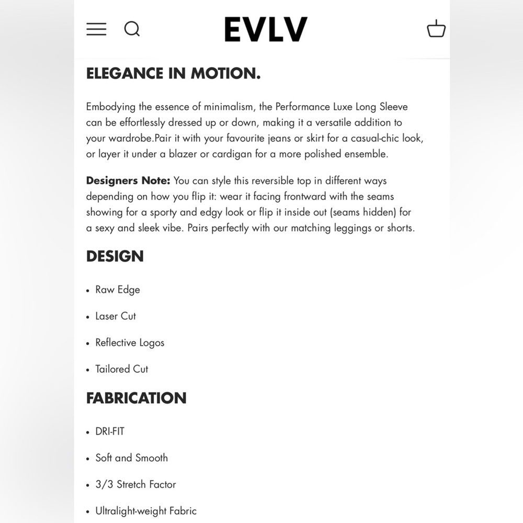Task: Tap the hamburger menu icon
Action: point(96,29)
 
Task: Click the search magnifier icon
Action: point(132,29)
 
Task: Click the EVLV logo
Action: point(266,29)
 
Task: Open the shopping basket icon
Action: point(436,29)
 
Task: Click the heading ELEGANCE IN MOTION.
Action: point(173,74)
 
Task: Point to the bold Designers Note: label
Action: point(128,181)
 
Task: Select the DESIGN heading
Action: point(115,256)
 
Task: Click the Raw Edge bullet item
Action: point(118,290)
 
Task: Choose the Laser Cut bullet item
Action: point(116,316)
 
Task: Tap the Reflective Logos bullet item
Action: point(130,343)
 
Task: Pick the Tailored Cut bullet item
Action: point(122,369)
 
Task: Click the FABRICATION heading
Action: point(136,398)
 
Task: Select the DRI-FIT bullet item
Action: point(110,431)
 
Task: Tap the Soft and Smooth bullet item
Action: point(131,458)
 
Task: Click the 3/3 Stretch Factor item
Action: point(135,484)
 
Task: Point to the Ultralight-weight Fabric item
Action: point(146,510)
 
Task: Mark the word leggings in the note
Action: point(350,229)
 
